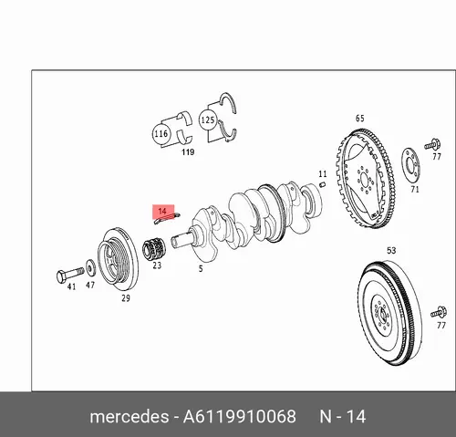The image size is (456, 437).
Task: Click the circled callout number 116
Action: tap(161, 133)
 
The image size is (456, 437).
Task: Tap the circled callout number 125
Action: tap(208, 120)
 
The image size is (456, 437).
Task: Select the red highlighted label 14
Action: tap(163, 212)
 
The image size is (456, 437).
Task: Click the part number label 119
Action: tap(188, 151)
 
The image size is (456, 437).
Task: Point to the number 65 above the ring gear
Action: tap(360, 118)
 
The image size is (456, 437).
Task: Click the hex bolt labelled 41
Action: tap(70, 275)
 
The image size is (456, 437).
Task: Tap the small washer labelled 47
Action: tap(90, 267)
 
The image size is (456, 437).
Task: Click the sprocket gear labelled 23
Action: tap(154, 249)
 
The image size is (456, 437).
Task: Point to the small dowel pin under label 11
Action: tap(323, 184)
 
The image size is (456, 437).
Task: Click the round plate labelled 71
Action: tap(410, 166)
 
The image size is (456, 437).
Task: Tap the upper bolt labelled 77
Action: tap(433, 145)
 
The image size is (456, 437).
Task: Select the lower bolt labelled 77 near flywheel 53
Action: tap(439, 313)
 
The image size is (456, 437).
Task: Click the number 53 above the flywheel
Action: tap(391, 250)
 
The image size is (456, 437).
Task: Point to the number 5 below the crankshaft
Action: tap(201, 268)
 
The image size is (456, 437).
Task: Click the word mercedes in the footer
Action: tap(130, 416)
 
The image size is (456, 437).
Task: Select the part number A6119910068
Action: tap(239, 416)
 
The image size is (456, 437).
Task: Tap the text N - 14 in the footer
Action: tap(343, 416)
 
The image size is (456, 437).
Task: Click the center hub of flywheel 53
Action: tap(381, 314)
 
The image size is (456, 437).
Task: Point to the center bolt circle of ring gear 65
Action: tap(364, 179)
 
